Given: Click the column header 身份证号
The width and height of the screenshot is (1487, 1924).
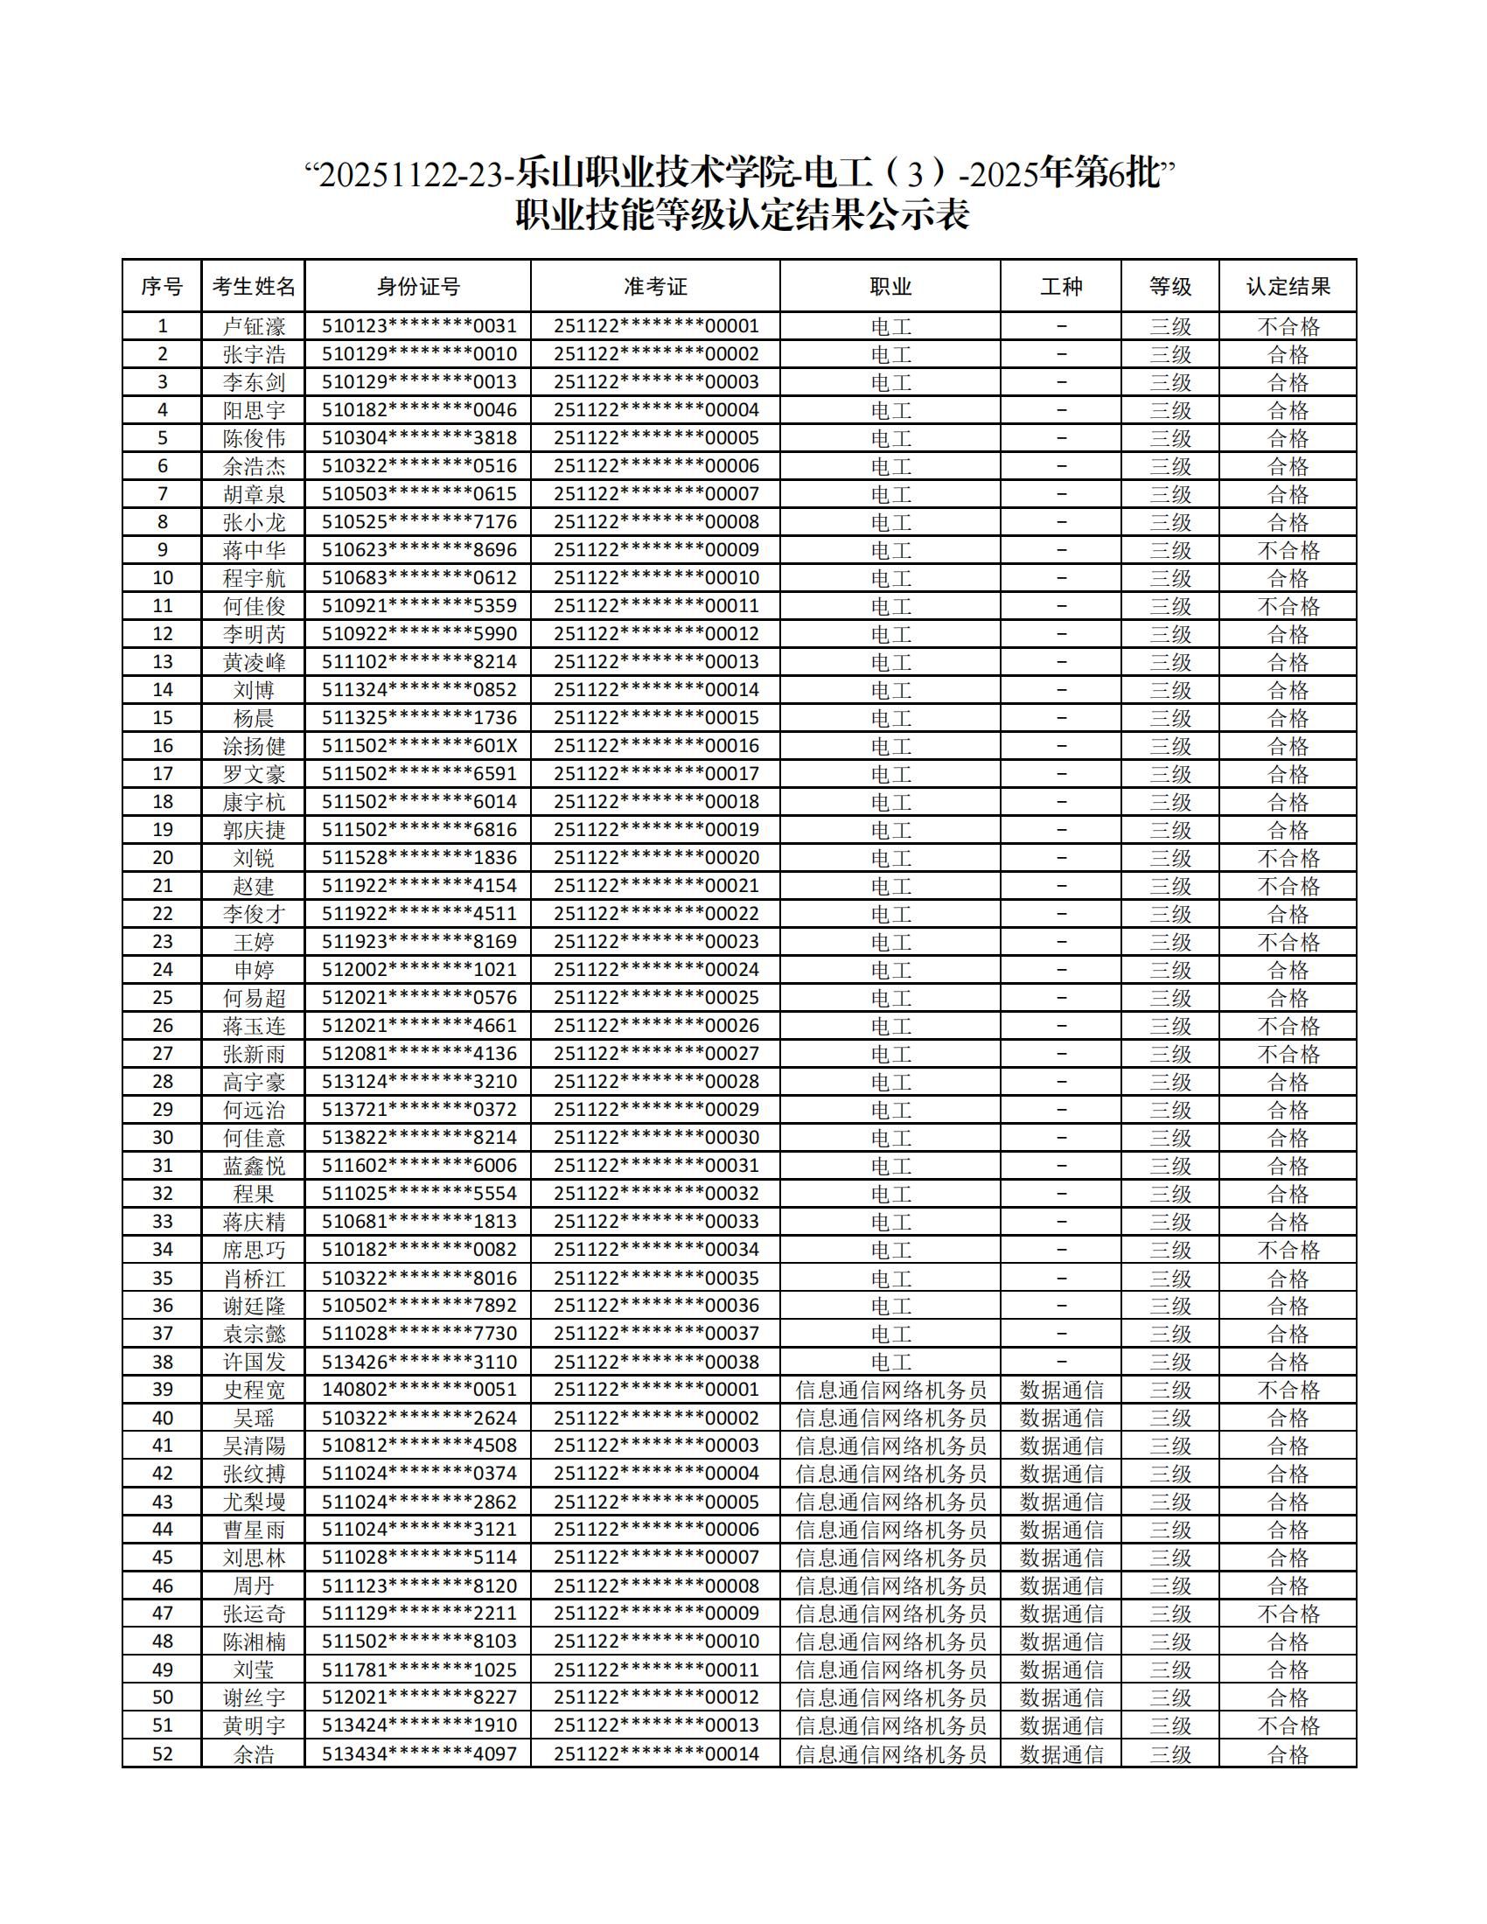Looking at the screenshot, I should click(418, 286).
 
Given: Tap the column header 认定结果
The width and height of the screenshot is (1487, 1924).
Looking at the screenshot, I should click(1288, 286).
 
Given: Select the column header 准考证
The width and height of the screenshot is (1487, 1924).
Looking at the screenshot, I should click(655, 286).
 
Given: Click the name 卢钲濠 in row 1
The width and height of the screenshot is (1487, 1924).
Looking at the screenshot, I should click(254, 327).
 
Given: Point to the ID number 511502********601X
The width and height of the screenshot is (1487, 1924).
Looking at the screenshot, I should click(418, 746).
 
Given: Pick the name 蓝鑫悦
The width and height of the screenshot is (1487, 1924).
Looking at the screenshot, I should click(254, 1166).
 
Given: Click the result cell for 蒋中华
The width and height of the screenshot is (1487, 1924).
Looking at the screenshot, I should click(1288, 551).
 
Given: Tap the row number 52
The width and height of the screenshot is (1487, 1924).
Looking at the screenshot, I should click(163, 1754).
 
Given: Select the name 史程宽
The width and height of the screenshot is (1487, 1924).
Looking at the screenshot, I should click(254, 1391).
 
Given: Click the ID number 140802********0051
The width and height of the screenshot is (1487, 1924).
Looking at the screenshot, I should click(418, 1391).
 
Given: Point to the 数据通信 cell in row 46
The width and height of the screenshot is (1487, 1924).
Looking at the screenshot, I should click(1062, 1586).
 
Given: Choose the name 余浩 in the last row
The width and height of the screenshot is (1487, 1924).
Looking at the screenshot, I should click(254, 1754).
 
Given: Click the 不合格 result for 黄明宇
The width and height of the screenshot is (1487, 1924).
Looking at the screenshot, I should click(1288, 1725).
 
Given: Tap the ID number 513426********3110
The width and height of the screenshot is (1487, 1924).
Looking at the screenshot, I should click(418, 1362).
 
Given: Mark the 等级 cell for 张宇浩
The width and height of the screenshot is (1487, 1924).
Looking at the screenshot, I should click(1169, 354).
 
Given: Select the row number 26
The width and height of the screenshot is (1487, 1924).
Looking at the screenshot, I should click(163, 1026).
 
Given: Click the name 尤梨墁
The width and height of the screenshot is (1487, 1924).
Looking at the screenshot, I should click(254, 1502).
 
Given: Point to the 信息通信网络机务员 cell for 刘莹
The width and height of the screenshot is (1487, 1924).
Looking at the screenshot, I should click(890, 1670).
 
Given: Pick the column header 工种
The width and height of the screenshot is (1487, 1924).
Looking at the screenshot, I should click(1062, 286).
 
